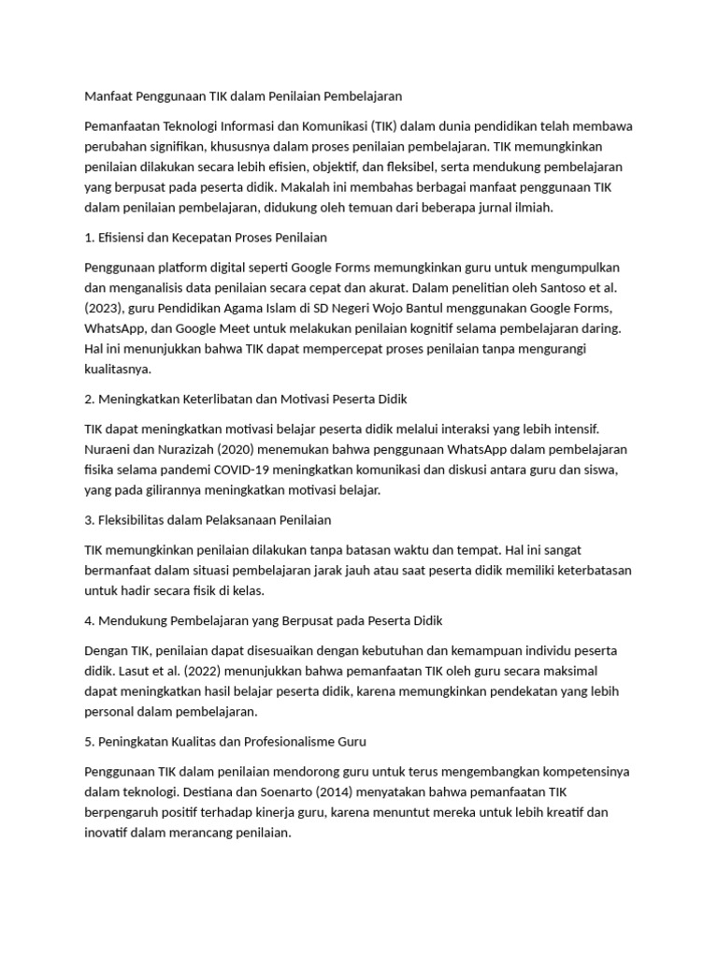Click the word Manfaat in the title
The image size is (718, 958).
click(x=108, y=95)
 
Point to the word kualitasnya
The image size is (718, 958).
click(x=118, y=370)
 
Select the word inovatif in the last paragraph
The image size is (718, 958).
click(x=108, y=833)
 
